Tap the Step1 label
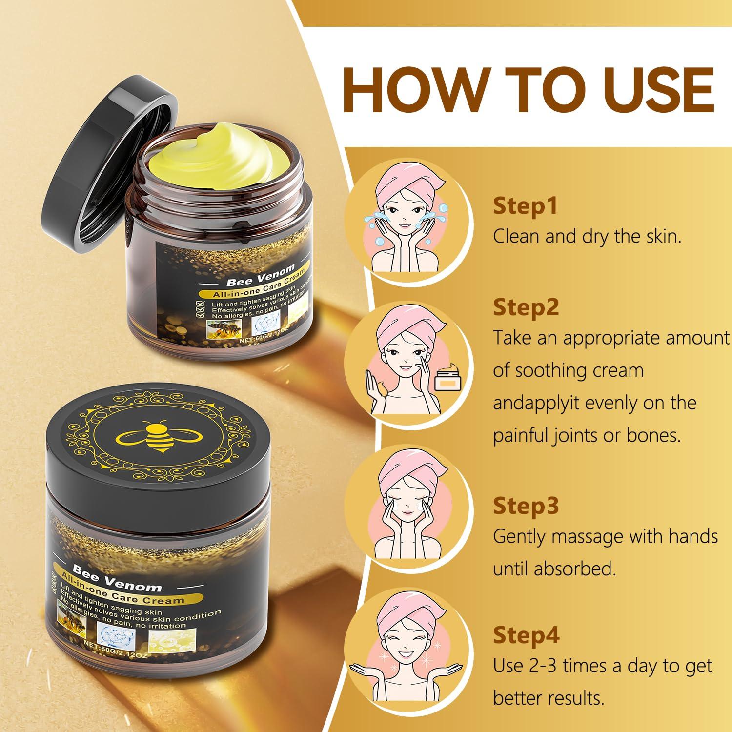[525, 206]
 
